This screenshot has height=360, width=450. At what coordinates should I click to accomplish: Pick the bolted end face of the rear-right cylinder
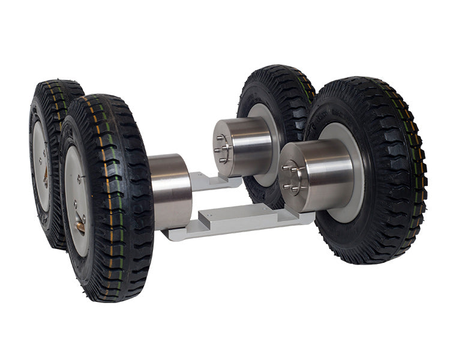click(x=223, y=148)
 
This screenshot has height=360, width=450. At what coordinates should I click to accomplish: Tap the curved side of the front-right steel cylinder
click(x=327, y=174)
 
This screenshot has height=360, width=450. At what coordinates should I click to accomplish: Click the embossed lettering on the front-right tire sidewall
click(x=336, y=114)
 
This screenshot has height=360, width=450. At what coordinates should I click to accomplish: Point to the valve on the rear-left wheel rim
click(x=46, y=174)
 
